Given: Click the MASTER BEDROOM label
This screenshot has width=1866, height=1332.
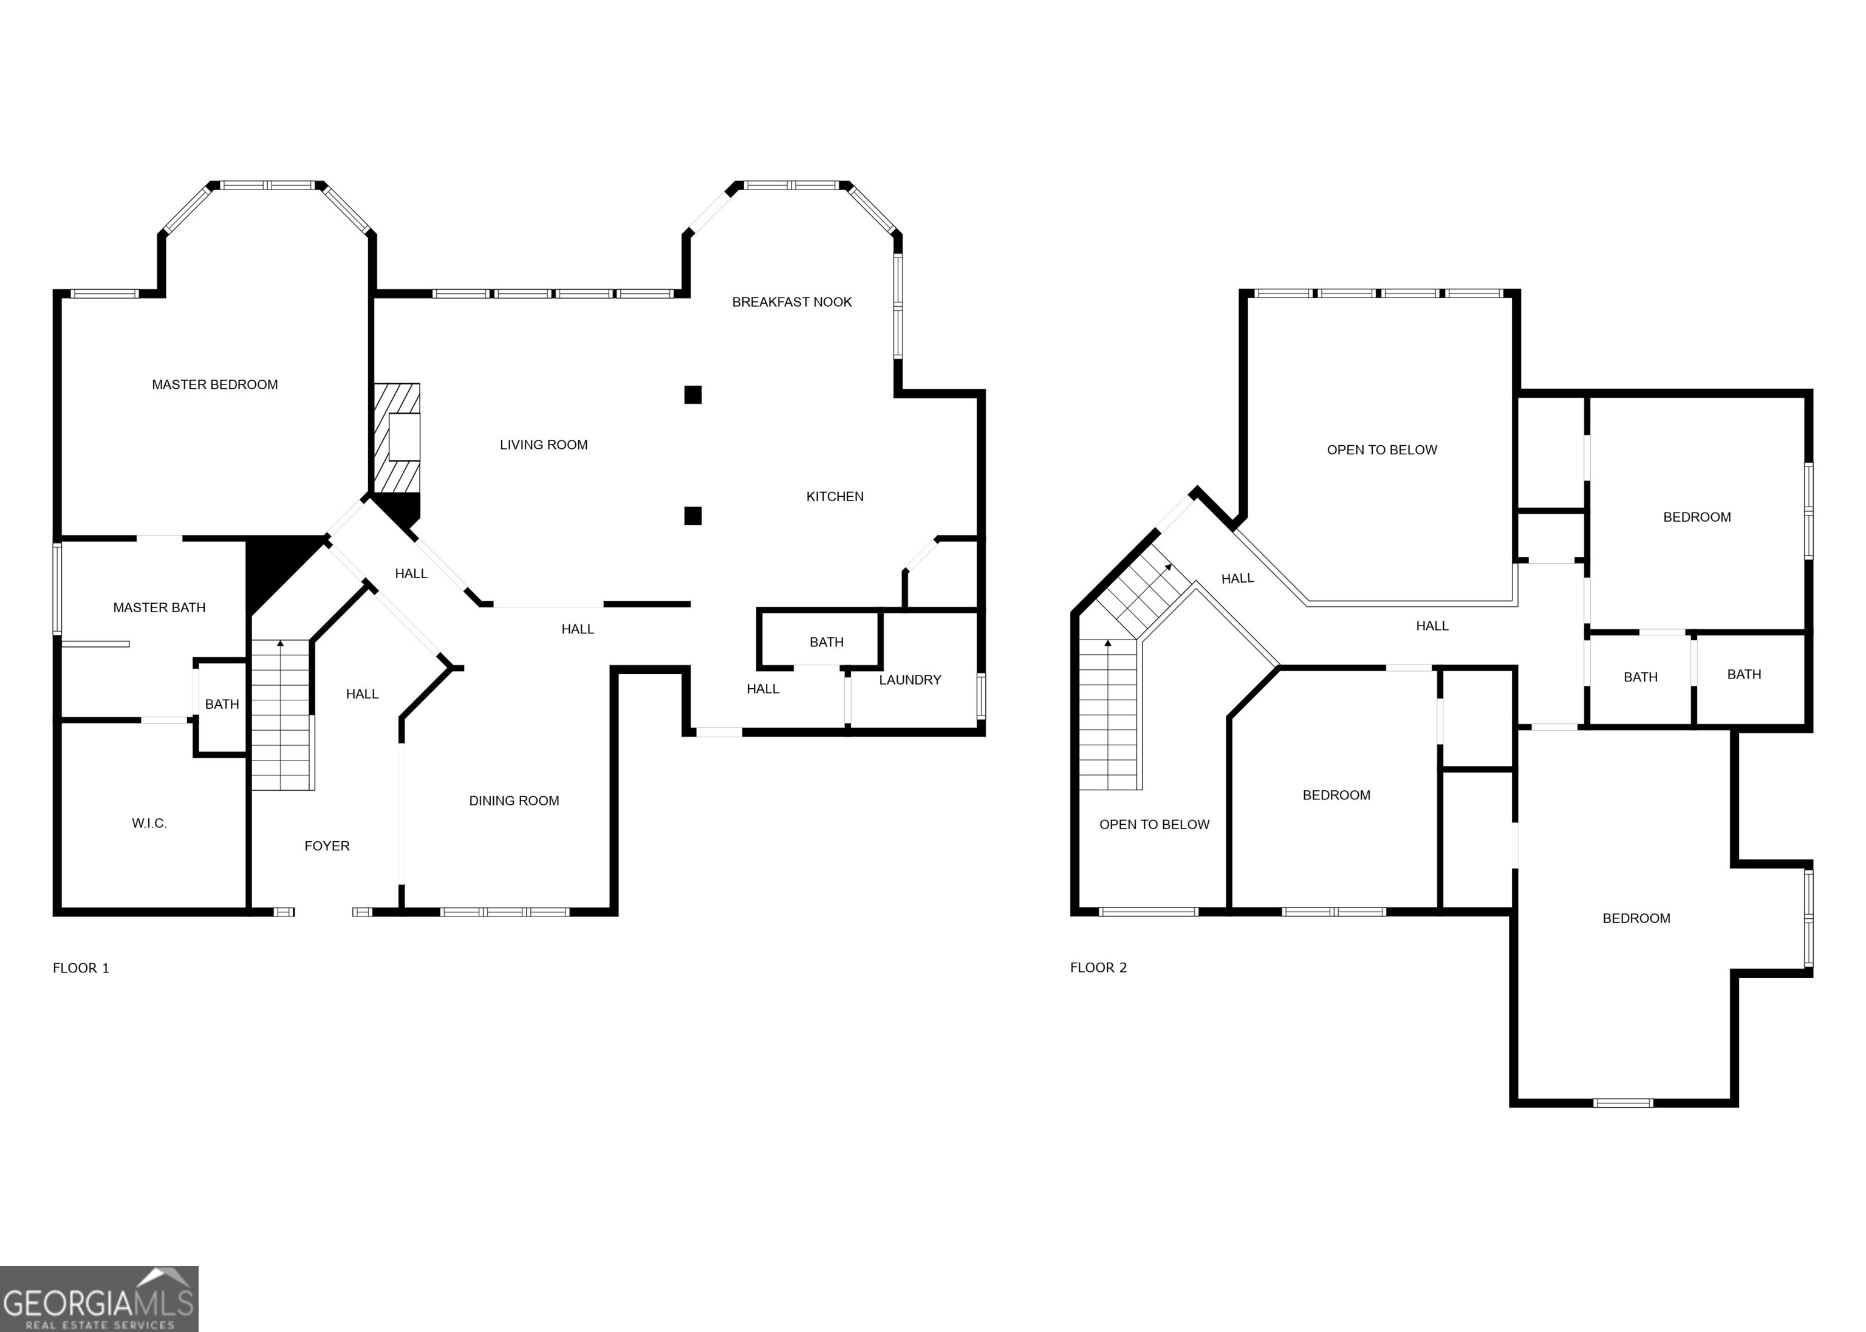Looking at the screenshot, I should [x=215, y=384].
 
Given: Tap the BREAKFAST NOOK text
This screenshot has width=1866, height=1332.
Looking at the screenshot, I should [x=791, y=302].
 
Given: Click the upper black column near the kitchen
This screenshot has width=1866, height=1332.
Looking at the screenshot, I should [x=693, y=395].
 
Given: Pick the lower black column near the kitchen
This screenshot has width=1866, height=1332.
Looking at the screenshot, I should [x=693, y=516].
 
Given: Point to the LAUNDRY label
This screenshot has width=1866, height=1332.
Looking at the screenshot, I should [x=910, y=680].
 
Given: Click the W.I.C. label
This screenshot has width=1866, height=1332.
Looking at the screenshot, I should [x=149, y=824].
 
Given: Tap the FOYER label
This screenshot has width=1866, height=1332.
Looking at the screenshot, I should [x=326, y=845].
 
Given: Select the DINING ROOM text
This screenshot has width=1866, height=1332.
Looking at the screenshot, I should [x=514, y=801].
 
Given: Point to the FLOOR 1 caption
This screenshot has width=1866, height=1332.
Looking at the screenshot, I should [x=80, y=968].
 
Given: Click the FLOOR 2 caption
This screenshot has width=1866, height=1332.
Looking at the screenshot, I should [x=1098, y=968].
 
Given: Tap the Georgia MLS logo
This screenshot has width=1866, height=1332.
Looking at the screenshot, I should [x=98, y=1299].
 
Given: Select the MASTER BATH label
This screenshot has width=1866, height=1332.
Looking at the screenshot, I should [x=159, y=608].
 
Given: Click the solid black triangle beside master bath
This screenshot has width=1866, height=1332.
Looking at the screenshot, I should [x=271, y=566].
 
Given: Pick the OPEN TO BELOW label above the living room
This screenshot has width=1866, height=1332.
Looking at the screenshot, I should [x=1381, y=449].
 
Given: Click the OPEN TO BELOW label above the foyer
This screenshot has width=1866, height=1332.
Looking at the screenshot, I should [x=1154, y=824].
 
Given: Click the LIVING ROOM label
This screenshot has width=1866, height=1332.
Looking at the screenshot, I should [x=544, y=445].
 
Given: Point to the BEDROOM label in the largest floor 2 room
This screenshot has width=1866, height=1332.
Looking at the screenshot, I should [x=1636, y=918].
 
